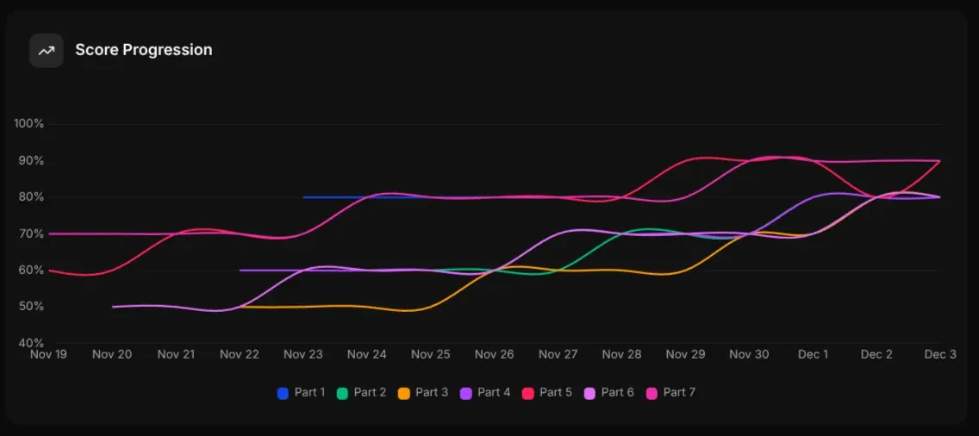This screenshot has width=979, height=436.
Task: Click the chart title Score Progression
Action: point(143,50)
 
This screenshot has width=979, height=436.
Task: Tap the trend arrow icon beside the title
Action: point(47,51)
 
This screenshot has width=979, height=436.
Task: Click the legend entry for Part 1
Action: point(301,393)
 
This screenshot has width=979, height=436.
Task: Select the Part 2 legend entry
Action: point(362,393)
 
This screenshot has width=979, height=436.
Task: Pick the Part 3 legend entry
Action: point(423,393)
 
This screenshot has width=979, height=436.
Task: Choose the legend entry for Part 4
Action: point(485,393)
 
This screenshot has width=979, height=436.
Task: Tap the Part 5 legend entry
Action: point(547,393)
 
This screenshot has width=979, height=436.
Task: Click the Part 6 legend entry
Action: point(609,393)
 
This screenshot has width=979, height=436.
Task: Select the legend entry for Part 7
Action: point(670,393)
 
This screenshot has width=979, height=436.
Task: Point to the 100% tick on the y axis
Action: point(29,124)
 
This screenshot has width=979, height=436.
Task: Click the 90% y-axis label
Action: point(31,161)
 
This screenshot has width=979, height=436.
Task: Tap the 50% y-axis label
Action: point(31,307)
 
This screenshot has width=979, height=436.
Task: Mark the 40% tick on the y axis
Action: point(31,343)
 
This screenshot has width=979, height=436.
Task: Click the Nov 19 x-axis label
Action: point(49,354)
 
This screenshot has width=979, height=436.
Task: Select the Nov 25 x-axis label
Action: point(431,354)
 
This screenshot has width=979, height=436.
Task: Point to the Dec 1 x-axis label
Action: point(813,354)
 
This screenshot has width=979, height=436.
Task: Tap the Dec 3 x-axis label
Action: point(940,354)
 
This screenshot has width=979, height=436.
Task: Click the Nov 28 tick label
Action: point(621,354)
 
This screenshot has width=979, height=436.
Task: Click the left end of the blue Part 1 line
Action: point(305,197)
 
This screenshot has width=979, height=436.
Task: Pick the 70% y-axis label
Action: point(31,234)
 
